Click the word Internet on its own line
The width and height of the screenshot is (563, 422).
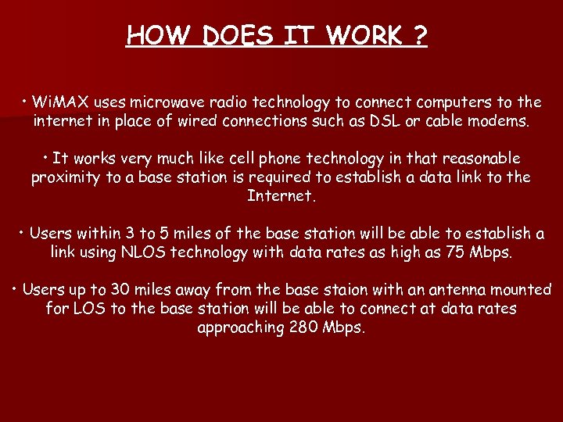point(281,195)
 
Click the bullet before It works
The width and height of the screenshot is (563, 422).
point(47,158)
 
